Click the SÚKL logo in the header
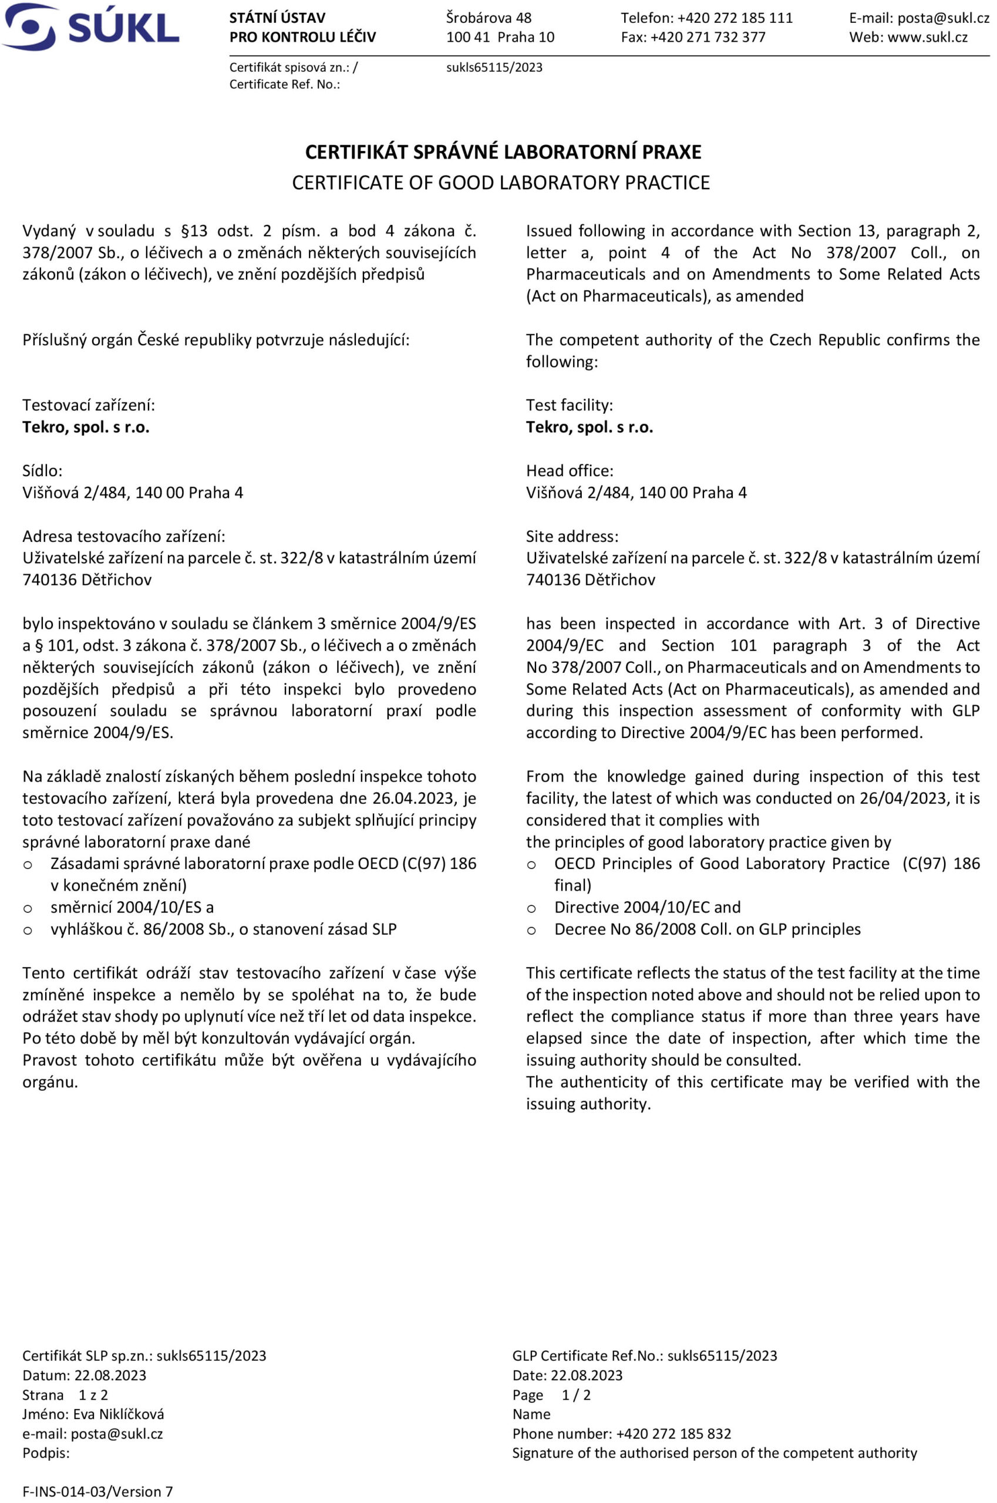pyautogui.click(x=90, y=26)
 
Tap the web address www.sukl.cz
pyautogui.click(x=927, y=37)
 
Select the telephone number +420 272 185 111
pyautogui.click(x=735, y=18)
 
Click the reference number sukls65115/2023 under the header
pyautogui.click(x=494, y=68)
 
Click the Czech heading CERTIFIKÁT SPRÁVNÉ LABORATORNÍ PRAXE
pyautogui.click(x=503, y=152)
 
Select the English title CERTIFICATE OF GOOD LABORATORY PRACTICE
pyautogui.click(x=500, y=183)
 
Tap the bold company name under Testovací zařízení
pyautogui.click(x=86, y=427)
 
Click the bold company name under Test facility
pyautogui.click(x=590, y=427)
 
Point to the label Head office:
pyautogui.click(x=570, y=470)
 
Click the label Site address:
pyautogui.click(x=572, y=536)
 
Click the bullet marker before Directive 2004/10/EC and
pyautogui.click(x=531, y=908)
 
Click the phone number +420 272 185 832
pyautogui.click(x=673, y=1434)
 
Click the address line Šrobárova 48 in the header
pyautogui.click(x=489, y=18)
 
